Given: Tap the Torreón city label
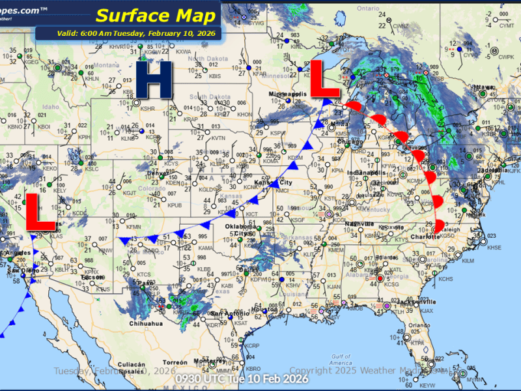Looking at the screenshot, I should pyautogui.click(x=175, y=362).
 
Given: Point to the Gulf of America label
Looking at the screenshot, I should pyautogui.click(x=342, y=359).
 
